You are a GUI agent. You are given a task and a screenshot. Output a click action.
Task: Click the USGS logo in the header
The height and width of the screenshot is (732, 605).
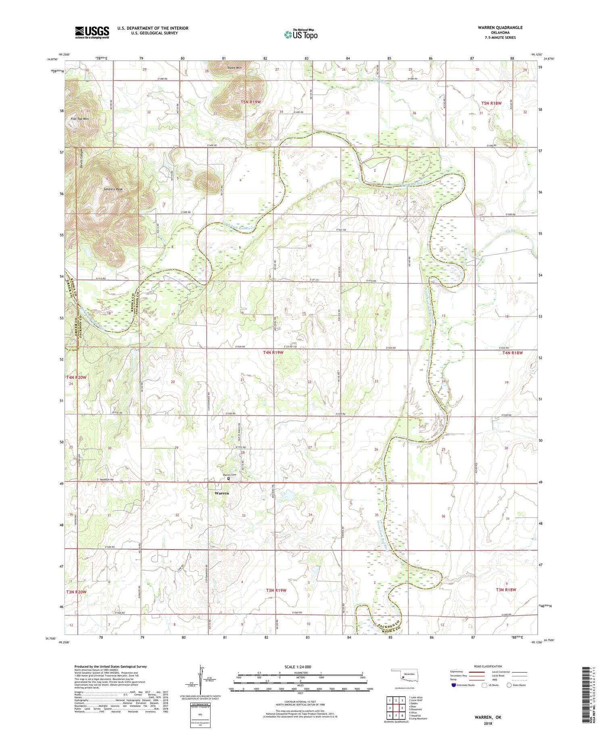(x=92, y=32)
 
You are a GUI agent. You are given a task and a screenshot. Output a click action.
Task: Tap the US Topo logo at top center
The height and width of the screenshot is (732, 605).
(x=300, y=35)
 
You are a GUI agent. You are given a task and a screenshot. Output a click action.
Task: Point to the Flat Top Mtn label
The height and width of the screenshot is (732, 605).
(x=79, y=119)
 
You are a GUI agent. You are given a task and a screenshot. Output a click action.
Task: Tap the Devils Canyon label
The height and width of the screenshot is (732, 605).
(x=81, y=159)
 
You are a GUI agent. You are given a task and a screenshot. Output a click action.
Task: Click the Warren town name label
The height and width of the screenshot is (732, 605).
(x=221, y=493)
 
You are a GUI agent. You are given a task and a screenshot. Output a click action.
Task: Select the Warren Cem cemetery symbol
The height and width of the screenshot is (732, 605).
(x=229, y=479)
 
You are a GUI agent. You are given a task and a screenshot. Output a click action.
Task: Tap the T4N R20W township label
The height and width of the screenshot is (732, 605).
(x=77, y=378)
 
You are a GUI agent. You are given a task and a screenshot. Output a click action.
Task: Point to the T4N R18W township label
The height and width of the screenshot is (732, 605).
(x=512, y=353)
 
